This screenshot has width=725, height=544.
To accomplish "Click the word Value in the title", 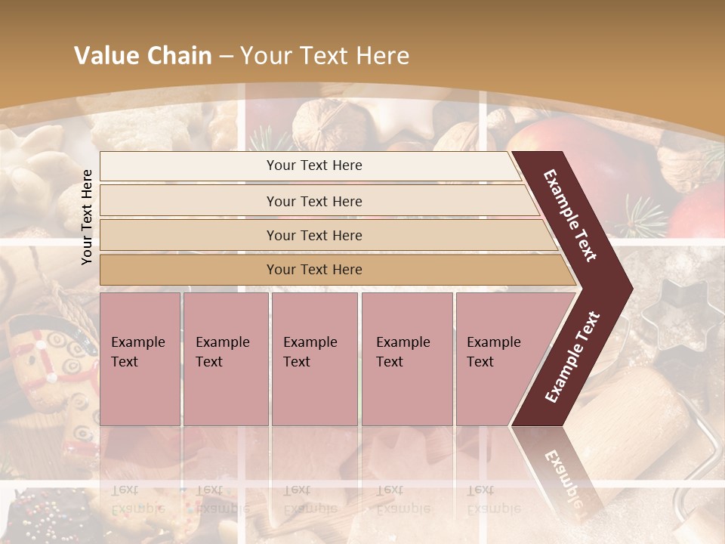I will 105,56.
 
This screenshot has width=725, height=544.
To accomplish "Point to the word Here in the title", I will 381,56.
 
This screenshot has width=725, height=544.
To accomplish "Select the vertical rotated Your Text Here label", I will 87,217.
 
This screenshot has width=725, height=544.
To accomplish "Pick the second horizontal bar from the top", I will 313,201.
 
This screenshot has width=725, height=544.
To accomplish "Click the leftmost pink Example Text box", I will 140,358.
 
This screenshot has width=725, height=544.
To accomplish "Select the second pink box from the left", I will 225,358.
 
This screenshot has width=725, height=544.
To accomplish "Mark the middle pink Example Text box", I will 314,358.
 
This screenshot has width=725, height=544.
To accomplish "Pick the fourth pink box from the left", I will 407,358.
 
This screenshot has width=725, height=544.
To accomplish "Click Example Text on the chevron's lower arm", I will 572,357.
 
